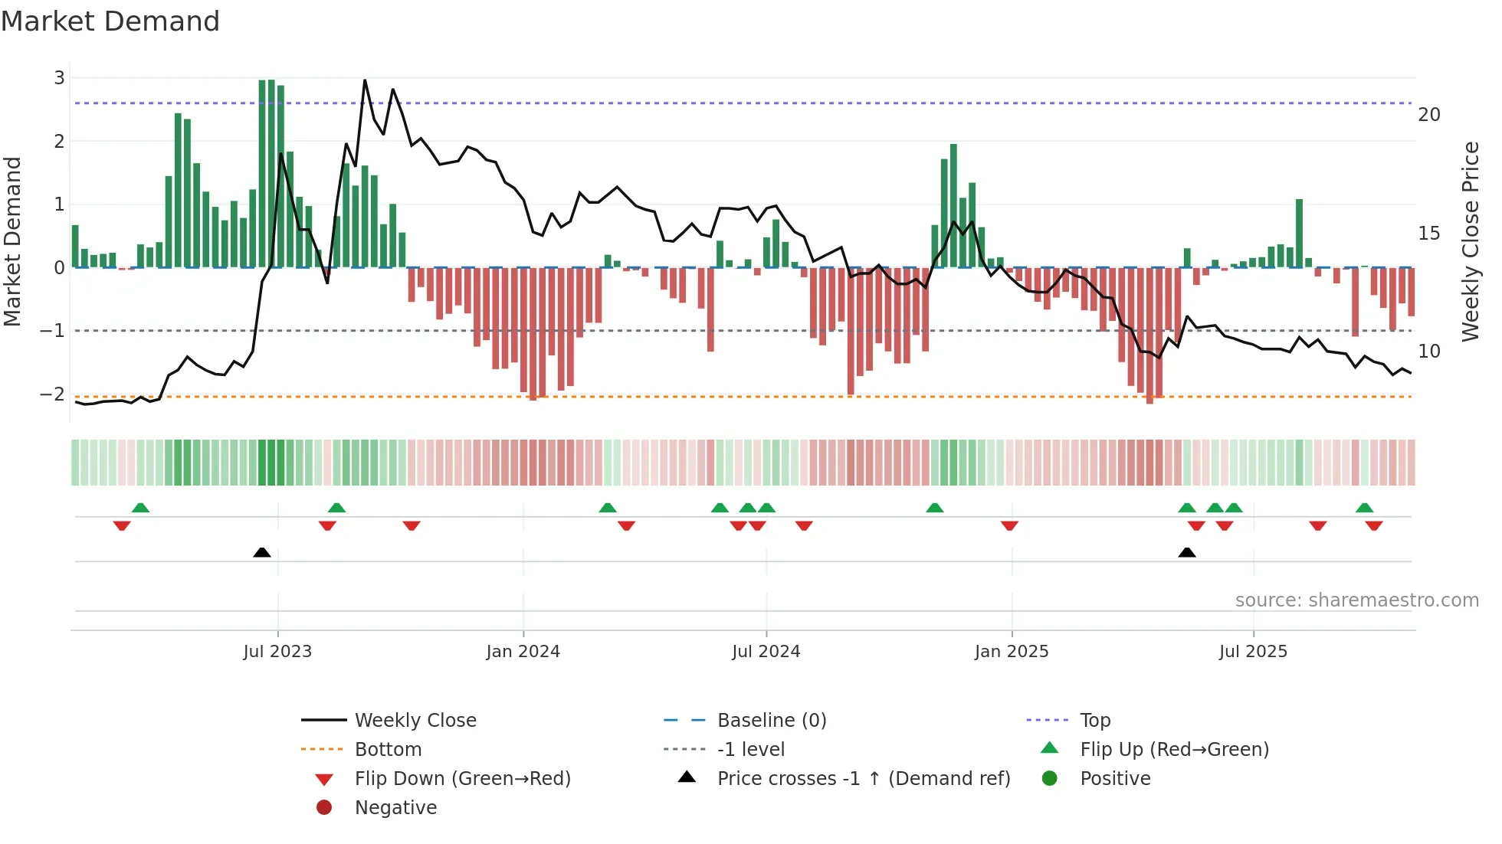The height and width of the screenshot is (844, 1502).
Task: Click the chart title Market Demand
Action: (x=110, y=21)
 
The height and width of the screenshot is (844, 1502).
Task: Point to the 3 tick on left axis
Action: (x=59, y=78)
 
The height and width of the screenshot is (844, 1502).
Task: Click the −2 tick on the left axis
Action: (x=52, y=394)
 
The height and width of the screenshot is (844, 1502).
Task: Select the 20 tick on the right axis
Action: (x=1429, y=115)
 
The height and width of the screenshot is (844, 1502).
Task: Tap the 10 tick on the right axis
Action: (x=1429, y=352)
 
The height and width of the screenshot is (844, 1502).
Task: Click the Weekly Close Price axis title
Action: (x=1470, y=241)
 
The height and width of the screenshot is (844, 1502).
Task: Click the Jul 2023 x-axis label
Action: (x=277, y=652)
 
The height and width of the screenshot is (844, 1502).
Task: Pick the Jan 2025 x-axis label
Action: (x=1012, y=652)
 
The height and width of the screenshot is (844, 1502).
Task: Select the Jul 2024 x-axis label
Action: (x=766, y=652)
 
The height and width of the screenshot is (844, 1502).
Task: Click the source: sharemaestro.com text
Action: (x=1356, y=600)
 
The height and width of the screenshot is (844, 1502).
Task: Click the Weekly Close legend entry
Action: (x=415, y=721)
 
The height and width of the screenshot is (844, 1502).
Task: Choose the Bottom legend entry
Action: (x=388, y=750)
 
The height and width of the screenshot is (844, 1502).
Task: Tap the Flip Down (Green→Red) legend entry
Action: (x=462, y=779)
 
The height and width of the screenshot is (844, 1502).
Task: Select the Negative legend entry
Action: (x=395, y=808)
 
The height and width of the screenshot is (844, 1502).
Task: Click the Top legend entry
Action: (x=1095, y=721)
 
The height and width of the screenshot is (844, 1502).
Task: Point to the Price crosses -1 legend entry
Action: (x=863, y=779)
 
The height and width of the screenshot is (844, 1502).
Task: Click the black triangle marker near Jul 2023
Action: (x=262, y=552)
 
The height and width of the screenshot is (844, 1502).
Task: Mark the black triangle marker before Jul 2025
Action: (x=1187, y=552)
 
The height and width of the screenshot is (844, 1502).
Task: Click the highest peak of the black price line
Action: (x=365, y=80)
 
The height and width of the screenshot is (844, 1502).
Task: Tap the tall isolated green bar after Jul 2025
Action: (x=1300, y=233)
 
